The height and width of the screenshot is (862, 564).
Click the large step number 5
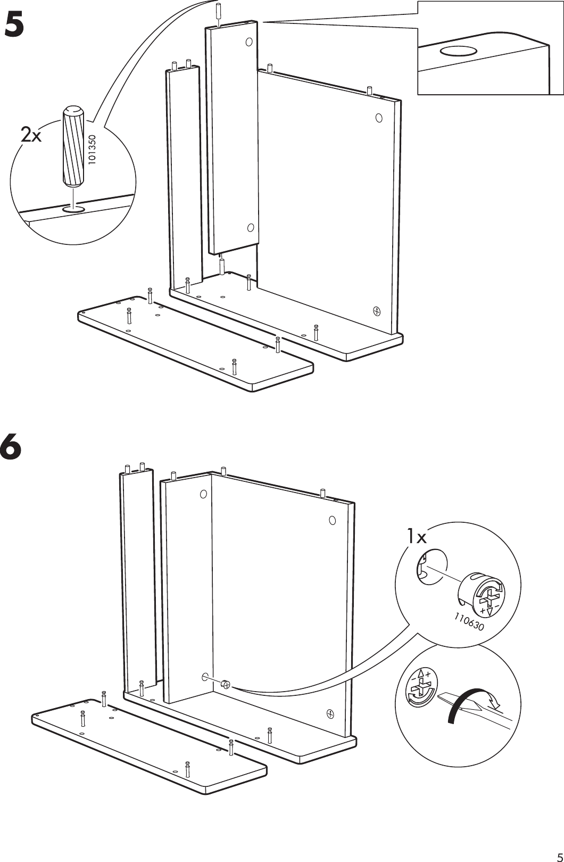coord(14,26)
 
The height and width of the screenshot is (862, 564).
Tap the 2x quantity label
coord(31,136)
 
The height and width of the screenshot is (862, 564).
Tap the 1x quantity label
coord(417,537)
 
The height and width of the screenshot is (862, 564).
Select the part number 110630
coord(469,621)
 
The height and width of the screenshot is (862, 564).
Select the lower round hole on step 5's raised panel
coord(251,228)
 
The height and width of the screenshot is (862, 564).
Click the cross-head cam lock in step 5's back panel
coord(377,310)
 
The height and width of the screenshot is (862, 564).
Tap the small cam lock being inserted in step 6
coord(225,685)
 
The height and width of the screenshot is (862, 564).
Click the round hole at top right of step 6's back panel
coord(332,520)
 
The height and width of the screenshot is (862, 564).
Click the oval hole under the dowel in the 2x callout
coord(73,209)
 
